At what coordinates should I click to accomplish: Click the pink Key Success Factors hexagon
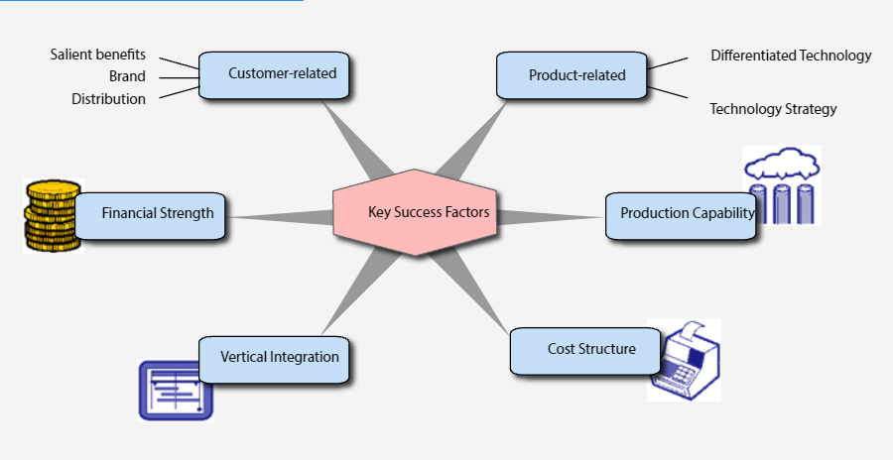coord(415,212)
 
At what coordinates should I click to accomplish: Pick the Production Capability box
coord(680,214)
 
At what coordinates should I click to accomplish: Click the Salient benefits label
coord(98,54)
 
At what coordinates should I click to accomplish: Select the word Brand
coord(127,76)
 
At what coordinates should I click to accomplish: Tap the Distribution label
coord(108,99)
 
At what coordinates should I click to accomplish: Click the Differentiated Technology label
coord(791,56)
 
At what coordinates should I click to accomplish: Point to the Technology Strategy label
coord(773,109)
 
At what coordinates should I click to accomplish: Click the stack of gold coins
coord(51,215)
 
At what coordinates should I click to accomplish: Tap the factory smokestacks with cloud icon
coord(783,185)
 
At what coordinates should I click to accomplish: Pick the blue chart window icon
coord(176,390)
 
